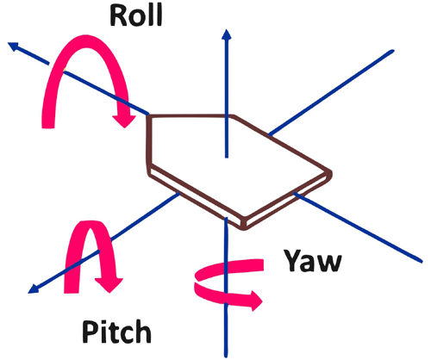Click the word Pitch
118,331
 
